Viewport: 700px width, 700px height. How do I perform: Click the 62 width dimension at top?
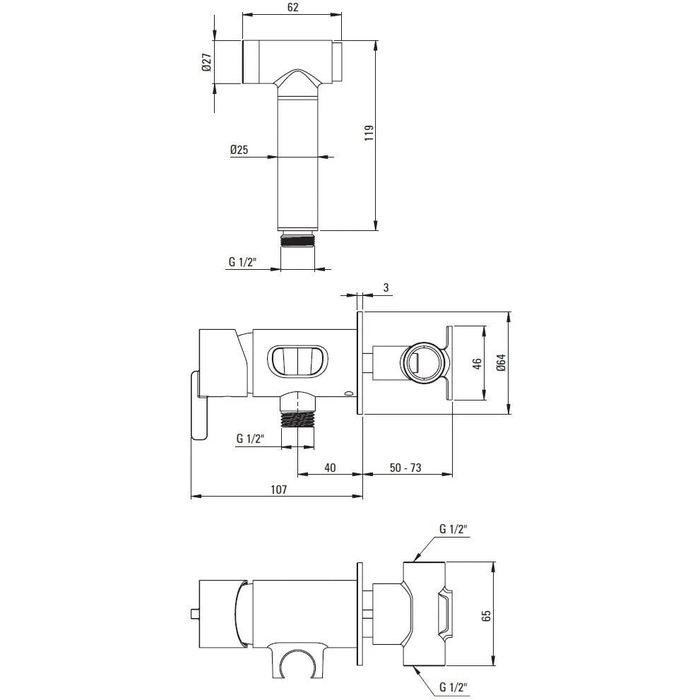tap(292, 8)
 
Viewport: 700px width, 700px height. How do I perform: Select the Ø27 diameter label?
tap(206, 62)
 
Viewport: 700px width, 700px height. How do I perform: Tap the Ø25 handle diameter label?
tap(239, 150)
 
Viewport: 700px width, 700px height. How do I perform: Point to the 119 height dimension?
tap(369, 133)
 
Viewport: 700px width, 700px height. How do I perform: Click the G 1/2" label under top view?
tap(242, 261)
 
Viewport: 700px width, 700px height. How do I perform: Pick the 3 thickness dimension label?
tap(386, 288)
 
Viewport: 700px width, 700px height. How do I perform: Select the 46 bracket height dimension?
tap(477, 364)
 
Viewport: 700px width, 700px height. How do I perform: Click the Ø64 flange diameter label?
tap(501, 362)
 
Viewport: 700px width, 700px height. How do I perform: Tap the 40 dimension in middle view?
tap(330, 468)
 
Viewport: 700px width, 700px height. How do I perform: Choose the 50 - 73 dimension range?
tap(405, 468)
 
